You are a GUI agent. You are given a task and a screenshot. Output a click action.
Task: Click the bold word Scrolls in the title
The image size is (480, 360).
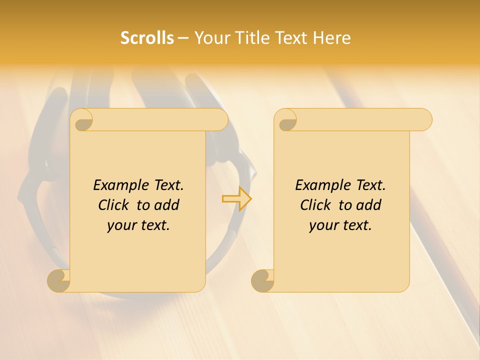point(147,38)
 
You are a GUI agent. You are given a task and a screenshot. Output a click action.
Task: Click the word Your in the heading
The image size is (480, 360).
point(209,38)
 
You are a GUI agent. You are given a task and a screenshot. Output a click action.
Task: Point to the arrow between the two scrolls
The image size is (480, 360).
point(236,198)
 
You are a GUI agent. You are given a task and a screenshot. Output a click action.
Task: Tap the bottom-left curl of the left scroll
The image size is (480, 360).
point(59,280)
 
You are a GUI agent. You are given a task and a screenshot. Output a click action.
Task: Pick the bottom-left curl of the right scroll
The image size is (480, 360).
point(262,280)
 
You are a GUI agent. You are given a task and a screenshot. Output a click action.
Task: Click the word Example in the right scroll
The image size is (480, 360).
point(322,185)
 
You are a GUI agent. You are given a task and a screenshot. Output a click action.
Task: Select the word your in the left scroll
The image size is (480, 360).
point(121,225)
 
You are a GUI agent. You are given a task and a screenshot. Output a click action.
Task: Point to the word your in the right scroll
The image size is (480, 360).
point(323,225)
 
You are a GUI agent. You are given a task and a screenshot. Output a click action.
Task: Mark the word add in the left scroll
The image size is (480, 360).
point(167,205)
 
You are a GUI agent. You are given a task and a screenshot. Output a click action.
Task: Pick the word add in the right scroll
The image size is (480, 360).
point(369,205)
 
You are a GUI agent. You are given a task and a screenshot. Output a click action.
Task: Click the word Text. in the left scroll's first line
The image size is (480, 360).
point(167,185)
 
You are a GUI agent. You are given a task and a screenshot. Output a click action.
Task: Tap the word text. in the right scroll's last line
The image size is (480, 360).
point(356,225)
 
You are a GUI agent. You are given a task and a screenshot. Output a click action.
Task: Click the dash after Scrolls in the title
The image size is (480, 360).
point(183,38)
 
